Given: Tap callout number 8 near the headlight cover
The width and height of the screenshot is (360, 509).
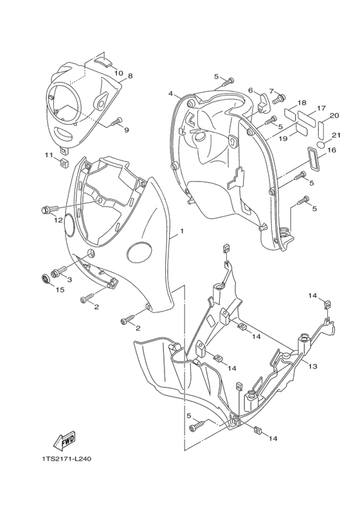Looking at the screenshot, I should (x=130, y=76).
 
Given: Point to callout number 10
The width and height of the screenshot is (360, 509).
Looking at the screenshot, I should (x=118, y=73).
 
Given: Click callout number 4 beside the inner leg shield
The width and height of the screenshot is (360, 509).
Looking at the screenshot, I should (x=171, y=93).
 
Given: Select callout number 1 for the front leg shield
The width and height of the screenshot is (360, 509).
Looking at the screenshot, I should (x=182, y=230).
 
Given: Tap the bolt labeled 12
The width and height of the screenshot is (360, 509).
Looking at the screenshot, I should (x=46, y=209).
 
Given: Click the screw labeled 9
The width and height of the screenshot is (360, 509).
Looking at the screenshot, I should (x=116, y=120).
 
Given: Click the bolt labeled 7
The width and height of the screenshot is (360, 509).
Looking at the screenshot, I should (x=279, y=99).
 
